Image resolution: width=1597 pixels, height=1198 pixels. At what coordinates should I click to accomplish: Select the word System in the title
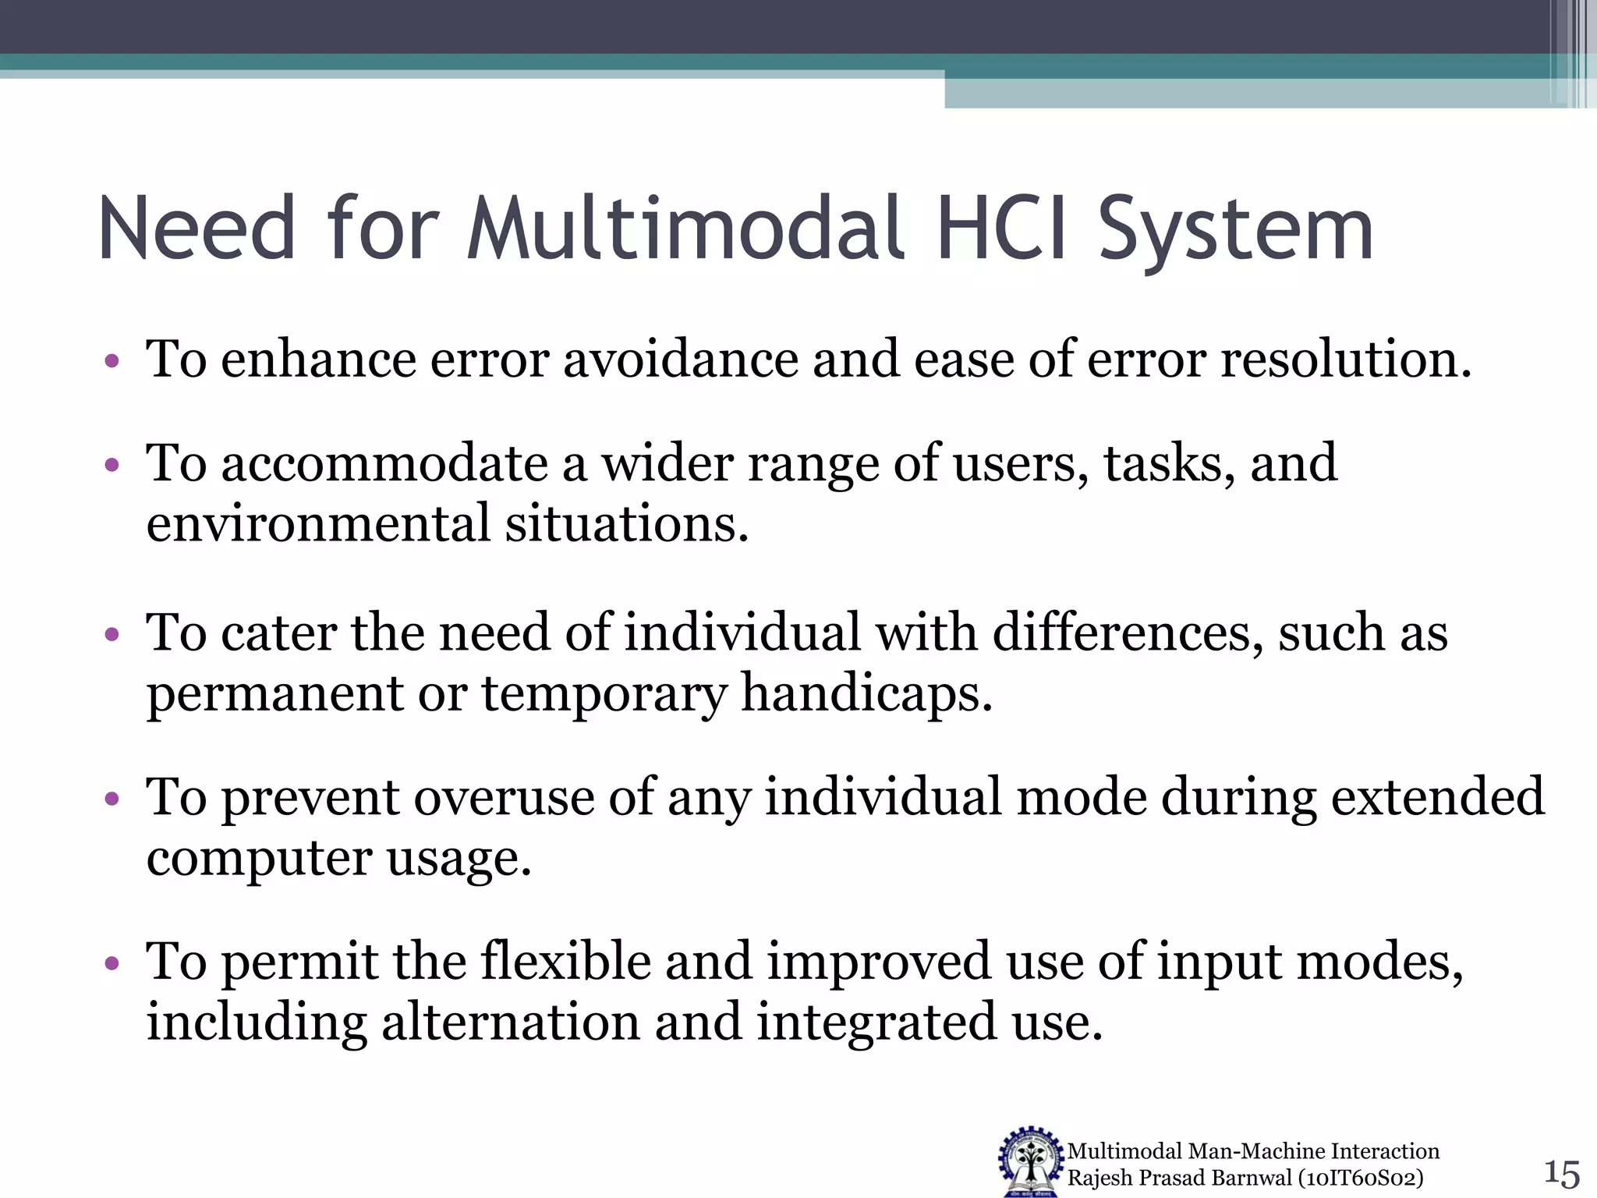1235,231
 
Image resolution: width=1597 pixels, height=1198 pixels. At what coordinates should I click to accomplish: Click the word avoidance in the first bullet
681,360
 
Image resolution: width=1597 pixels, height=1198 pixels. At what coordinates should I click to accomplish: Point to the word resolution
1345,360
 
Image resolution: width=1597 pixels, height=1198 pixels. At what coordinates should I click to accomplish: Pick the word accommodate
385,463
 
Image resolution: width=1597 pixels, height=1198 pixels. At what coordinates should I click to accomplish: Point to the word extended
1437,797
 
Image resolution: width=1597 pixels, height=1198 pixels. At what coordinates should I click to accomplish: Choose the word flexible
565,961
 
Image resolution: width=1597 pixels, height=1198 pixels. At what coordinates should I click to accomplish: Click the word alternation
510,1022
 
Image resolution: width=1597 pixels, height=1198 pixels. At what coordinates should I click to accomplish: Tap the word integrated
876,1023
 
